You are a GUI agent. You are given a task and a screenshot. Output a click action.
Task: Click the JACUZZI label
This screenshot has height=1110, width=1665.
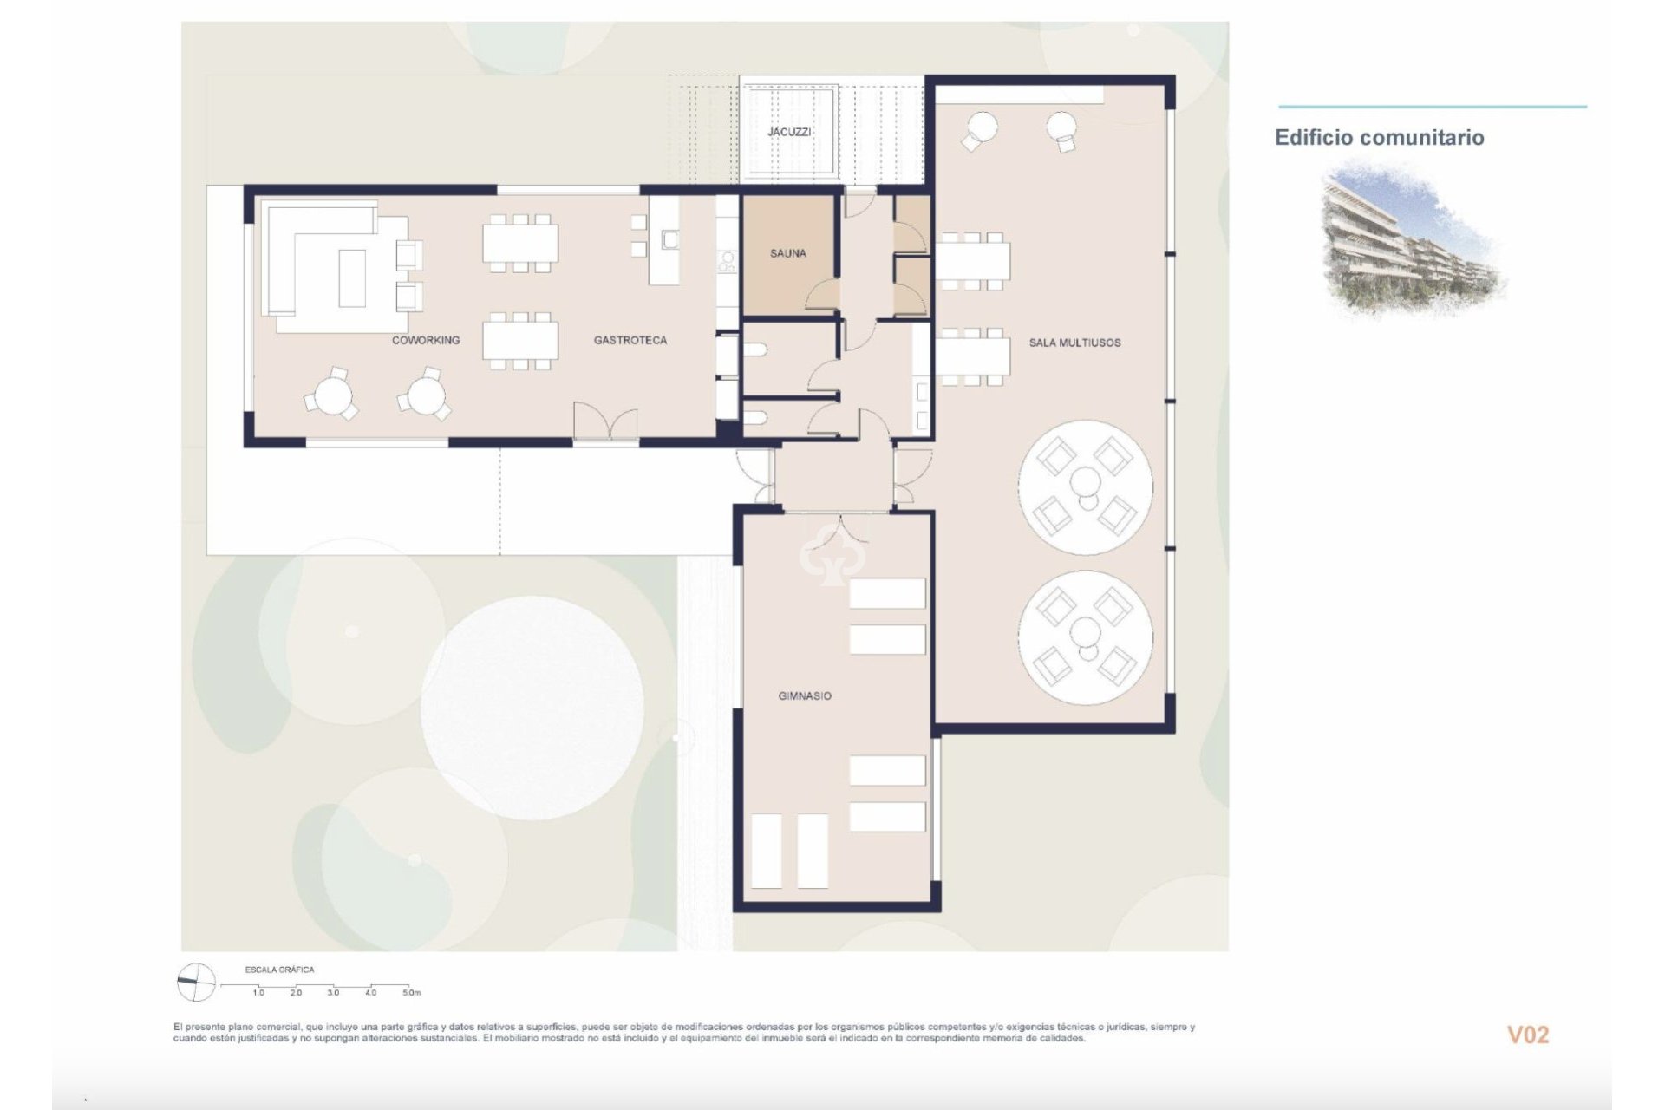tap(789, 132)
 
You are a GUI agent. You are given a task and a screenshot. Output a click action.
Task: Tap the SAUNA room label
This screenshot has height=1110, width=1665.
tap(787, 253)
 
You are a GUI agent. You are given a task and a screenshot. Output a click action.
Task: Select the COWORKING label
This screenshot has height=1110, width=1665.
tap(425, 340)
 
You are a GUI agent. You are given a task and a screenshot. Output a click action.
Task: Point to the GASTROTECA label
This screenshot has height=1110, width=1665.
tap(630, 340)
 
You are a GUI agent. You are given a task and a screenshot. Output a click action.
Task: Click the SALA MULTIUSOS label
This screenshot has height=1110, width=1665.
tap(1074, 343)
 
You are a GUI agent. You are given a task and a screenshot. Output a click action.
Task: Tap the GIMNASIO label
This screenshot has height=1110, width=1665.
tap(804, 695)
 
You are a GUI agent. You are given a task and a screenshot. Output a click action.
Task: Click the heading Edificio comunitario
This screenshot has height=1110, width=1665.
tap(1379, 137)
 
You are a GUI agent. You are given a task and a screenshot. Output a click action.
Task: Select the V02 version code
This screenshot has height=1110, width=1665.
tap(1527, 1035)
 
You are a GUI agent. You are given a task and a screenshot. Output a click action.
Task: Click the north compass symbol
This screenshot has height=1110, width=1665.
tap(195, 983)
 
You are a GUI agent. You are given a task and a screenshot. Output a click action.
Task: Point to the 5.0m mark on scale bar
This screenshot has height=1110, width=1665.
tap(411, 992)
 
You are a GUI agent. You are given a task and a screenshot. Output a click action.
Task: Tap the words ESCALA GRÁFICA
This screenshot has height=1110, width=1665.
tap(279, 970)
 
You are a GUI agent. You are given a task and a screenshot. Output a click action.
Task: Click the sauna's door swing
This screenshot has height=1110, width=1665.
tap(822, 297)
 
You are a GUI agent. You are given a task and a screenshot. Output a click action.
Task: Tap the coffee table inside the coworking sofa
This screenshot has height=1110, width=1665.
tap(351, 277)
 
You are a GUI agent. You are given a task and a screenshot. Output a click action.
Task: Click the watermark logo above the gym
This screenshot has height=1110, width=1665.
tap(830, 555)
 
